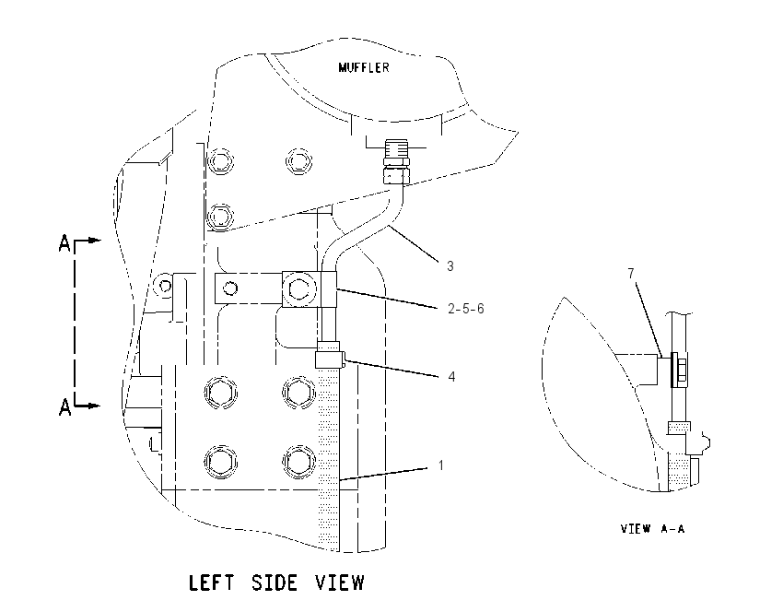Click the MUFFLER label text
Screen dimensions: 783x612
364,67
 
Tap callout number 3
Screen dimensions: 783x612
450,266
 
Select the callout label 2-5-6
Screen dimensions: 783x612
466,309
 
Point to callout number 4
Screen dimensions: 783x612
451,377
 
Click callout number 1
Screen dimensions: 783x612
441,465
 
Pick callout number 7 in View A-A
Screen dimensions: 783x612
631,274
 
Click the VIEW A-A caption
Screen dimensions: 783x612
652,528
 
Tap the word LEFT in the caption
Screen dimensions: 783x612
211,583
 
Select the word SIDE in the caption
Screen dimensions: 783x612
275,583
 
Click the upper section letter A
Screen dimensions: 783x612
64,244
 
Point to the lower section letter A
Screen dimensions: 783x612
64,407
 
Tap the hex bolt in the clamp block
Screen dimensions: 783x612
299,289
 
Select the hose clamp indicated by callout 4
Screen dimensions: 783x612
329,355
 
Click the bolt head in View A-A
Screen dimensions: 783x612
679,371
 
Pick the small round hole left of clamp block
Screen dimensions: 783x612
230,288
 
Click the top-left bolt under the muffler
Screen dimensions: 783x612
220,161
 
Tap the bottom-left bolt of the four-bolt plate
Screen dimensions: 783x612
220,461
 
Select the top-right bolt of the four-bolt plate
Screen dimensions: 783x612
298,392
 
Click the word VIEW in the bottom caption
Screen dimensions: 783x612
340,583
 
